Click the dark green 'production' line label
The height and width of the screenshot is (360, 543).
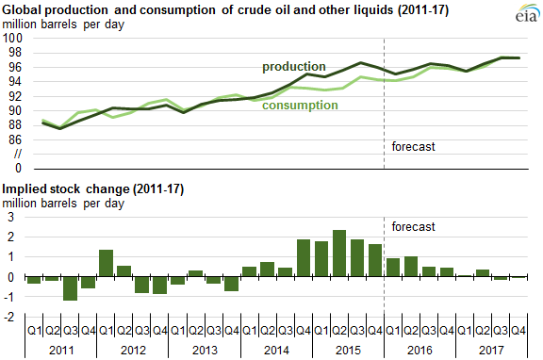point(294,67)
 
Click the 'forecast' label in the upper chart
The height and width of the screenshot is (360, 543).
point(413,146)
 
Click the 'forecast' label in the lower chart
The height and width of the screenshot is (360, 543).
point(413,226)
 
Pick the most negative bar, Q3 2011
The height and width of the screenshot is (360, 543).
point(69,288)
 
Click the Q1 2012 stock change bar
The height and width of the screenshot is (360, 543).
point(106,263)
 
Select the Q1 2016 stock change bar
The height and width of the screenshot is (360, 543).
point(393,268)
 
